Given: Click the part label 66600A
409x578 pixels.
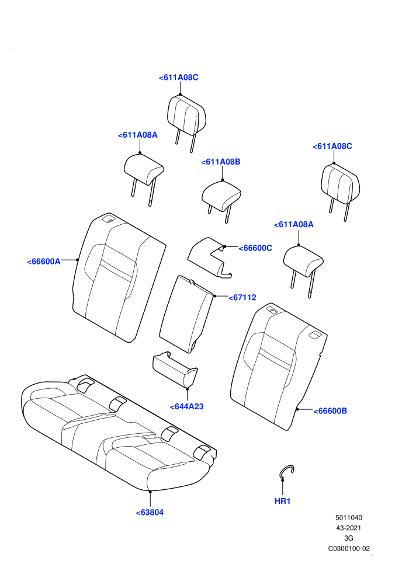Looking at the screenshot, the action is [43, 262].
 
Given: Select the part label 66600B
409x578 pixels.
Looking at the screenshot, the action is [330, 410].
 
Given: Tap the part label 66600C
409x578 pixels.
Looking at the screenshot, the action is [255, 248].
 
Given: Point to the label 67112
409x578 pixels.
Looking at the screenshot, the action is [242, 298].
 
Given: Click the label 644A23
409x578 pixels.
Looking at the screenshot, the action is [186, 406].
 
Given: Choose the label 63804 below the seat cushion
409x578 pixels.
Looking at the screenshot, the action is [150, 513].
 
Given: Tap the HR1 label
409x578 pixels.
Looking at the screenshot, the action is [282, 502].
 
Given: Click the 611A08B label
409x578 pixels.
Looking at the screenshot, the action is [220, 162].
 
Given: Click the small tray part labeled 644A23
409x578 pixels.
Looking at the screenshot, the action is [175, 369].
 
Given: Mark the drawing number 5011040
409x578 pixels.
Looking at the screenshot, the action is [348, 517].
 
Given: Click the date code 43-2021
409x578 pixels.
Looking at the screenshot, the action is [348, 528].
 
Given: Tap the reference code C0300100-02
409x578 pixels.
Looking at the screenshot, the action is [349, 548].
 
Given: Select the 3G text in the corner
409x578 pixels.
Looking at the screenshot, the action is [348, 538].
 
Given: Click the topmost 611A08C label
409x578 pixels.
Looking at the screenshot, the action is [179, 78].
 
